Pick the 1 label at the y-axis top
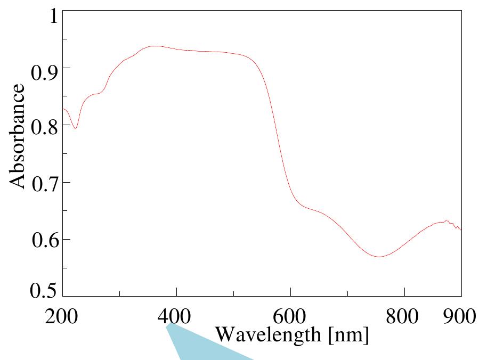[x=52, y=15]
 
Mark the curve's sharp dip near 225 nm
[x=76, y=128]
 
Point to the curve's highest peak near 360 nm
[x=155, y=46]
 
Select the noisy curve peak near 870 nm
[x=446, y=221]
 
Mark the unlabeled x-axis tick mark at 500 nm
[x=233, y=293]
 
